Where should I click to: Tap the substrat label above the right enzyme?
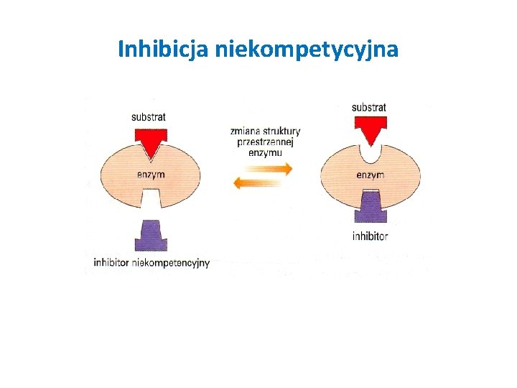[x=369, y=108]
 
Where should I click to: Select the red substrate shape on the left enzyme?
[x=150, y=142]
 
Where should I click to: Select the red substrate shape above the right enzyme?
[x=371, y=129]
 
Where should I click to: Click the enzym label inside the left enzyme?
[x=151, y=175]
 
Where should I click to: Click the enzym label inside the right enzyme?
[x=371, y=175]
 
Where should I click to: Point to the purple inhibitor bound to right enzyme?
[x=371, y=206]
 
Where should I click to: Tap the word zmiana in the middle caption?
[x=245, y=131]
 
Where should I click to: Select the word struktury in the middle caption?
[x=281, y=131]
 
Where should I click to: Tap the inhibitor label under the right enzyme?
[x=371, y=236]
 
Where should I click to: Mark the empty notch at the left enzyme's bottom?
[x=150, y=200]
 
